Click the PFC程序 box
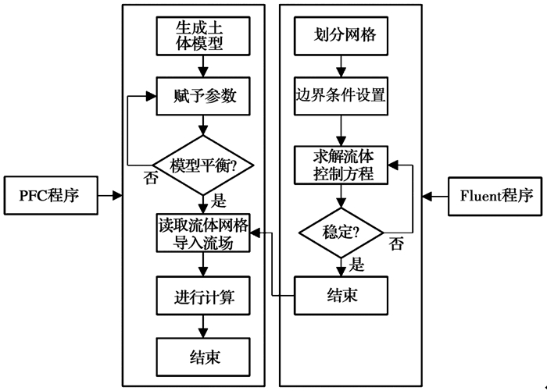[x=52, y=195]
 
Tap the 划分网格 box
[x=339, y=36]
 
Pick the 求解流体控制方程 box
[x=339, y=165]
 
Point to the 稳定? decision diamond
[x=339, y=232]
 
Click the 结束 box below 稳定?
[x=339, y=297]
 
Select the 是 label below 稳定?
[x=356, y=265]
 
